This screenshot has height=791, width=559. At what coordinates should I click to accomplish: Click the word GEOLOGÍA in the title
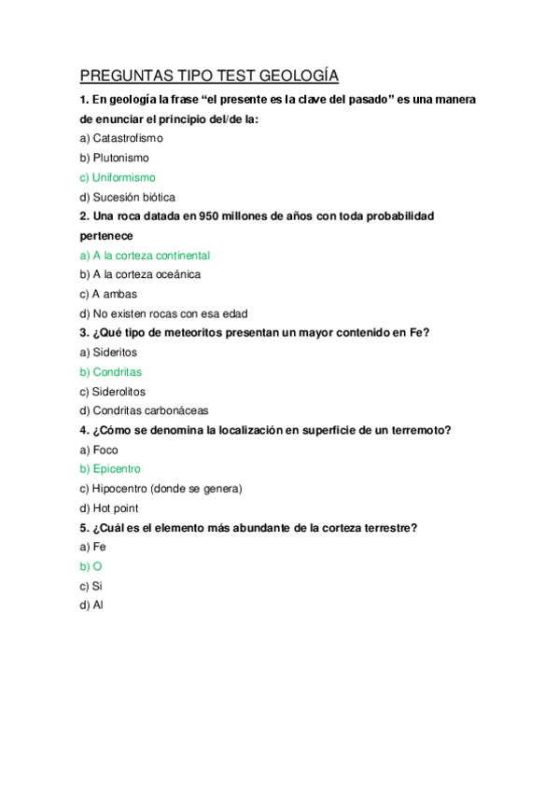click(297, 76)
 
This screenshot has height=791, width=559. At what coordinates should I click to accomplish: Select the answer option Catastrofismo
click(127, 138)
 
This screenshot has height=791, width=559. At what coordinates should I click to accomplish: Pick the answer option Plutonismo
click(120, 158)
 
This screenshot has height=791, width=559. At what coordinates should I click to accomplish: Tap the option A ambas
click(114, 294)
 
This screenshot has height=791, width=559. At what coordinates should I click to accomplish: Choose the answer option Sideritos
click(114, 353)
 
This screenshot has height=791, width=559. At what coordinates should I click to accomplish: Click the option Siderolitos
click(119, 392)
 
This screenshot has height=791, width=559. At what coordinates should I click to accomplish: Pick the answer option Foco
click(105, 450)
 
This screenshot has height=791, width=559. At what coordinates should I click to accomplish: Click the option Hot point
click(116, 508)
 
